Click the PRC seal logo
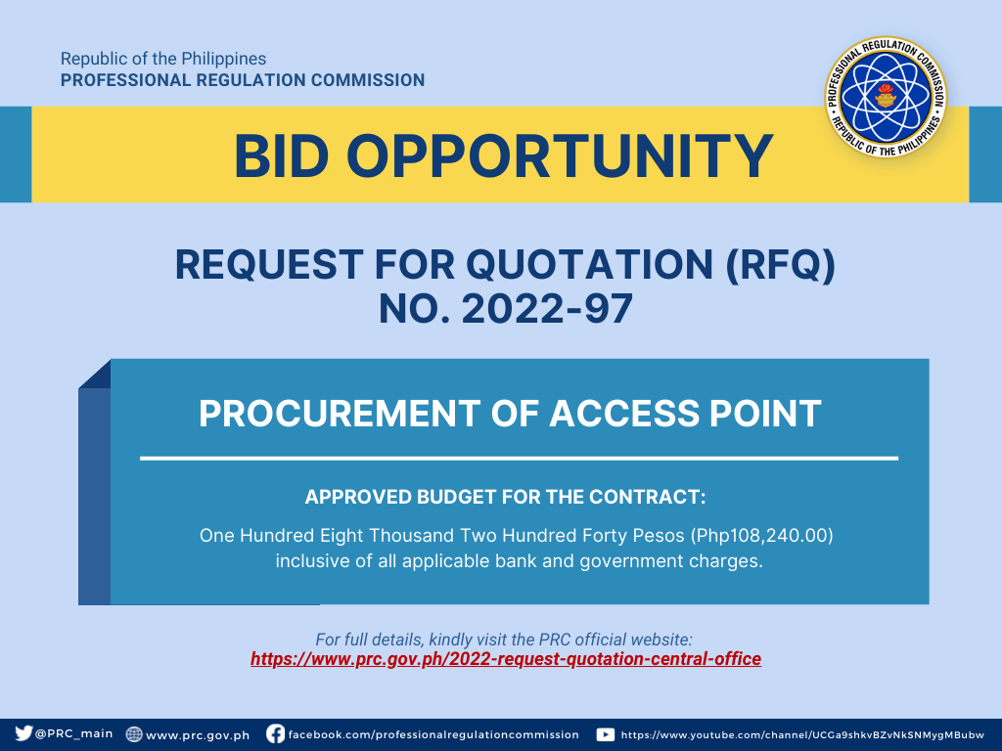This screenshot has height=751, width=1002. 886,97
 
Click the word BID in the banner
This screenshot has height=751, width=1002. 281,155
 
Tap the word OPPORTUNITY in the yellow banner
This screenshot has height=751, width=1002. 560,155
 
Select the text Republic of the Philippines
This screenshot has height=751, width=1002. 163,59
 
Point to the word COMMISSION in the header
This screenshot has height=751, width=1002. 368,80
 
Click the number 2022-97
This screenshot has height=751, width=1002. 547,309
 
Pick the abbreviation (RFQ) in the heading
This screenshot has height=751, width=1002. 780,265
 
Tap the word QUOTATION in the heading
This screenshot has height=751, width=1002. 588,264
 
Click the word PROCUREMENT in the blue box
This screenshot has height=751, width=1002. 339,414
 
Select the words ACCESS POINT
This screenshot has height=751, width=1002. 685,414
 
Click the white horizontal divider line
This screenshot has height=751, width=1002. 519,458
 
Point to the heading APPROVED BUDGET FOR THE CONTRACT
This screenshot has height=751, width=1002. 506,497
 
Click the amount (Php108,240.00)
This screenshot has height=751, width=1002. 761,535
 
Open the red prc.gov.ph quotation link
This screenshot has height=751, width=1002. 506,659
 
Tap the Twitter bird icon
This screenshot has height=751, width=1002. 23,733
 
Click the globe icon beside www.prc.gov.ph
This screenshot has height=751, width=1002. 133,734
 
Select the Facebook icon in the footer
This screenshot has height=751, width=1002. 275,733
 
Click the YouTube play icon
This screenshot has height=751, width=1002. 605,734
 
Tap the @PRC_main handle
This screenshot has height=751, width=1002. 74,733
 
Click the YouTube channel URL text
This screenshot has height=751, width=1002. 802,735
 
